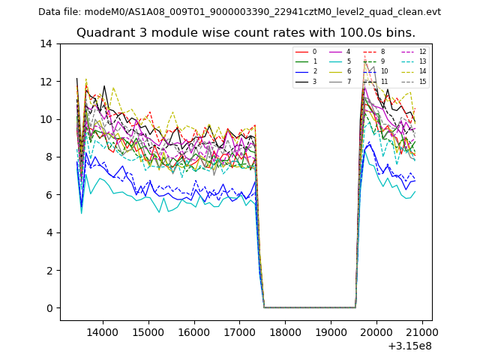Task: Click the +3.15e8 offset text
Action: (409, 346)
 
